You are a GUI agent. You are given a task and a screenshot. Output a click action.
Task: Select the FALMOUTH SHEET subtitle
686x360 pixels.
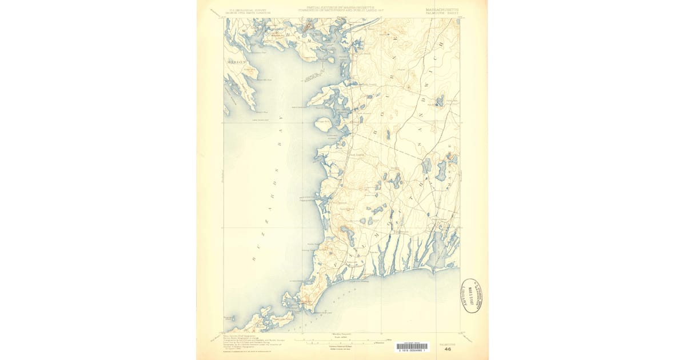441,14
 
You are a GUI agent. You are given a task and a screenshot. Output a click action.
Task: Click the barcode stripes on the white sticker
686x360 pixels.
411,346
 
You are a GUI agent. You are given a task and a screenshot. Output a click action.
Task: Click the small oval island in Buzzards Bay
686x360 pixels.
322,122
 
